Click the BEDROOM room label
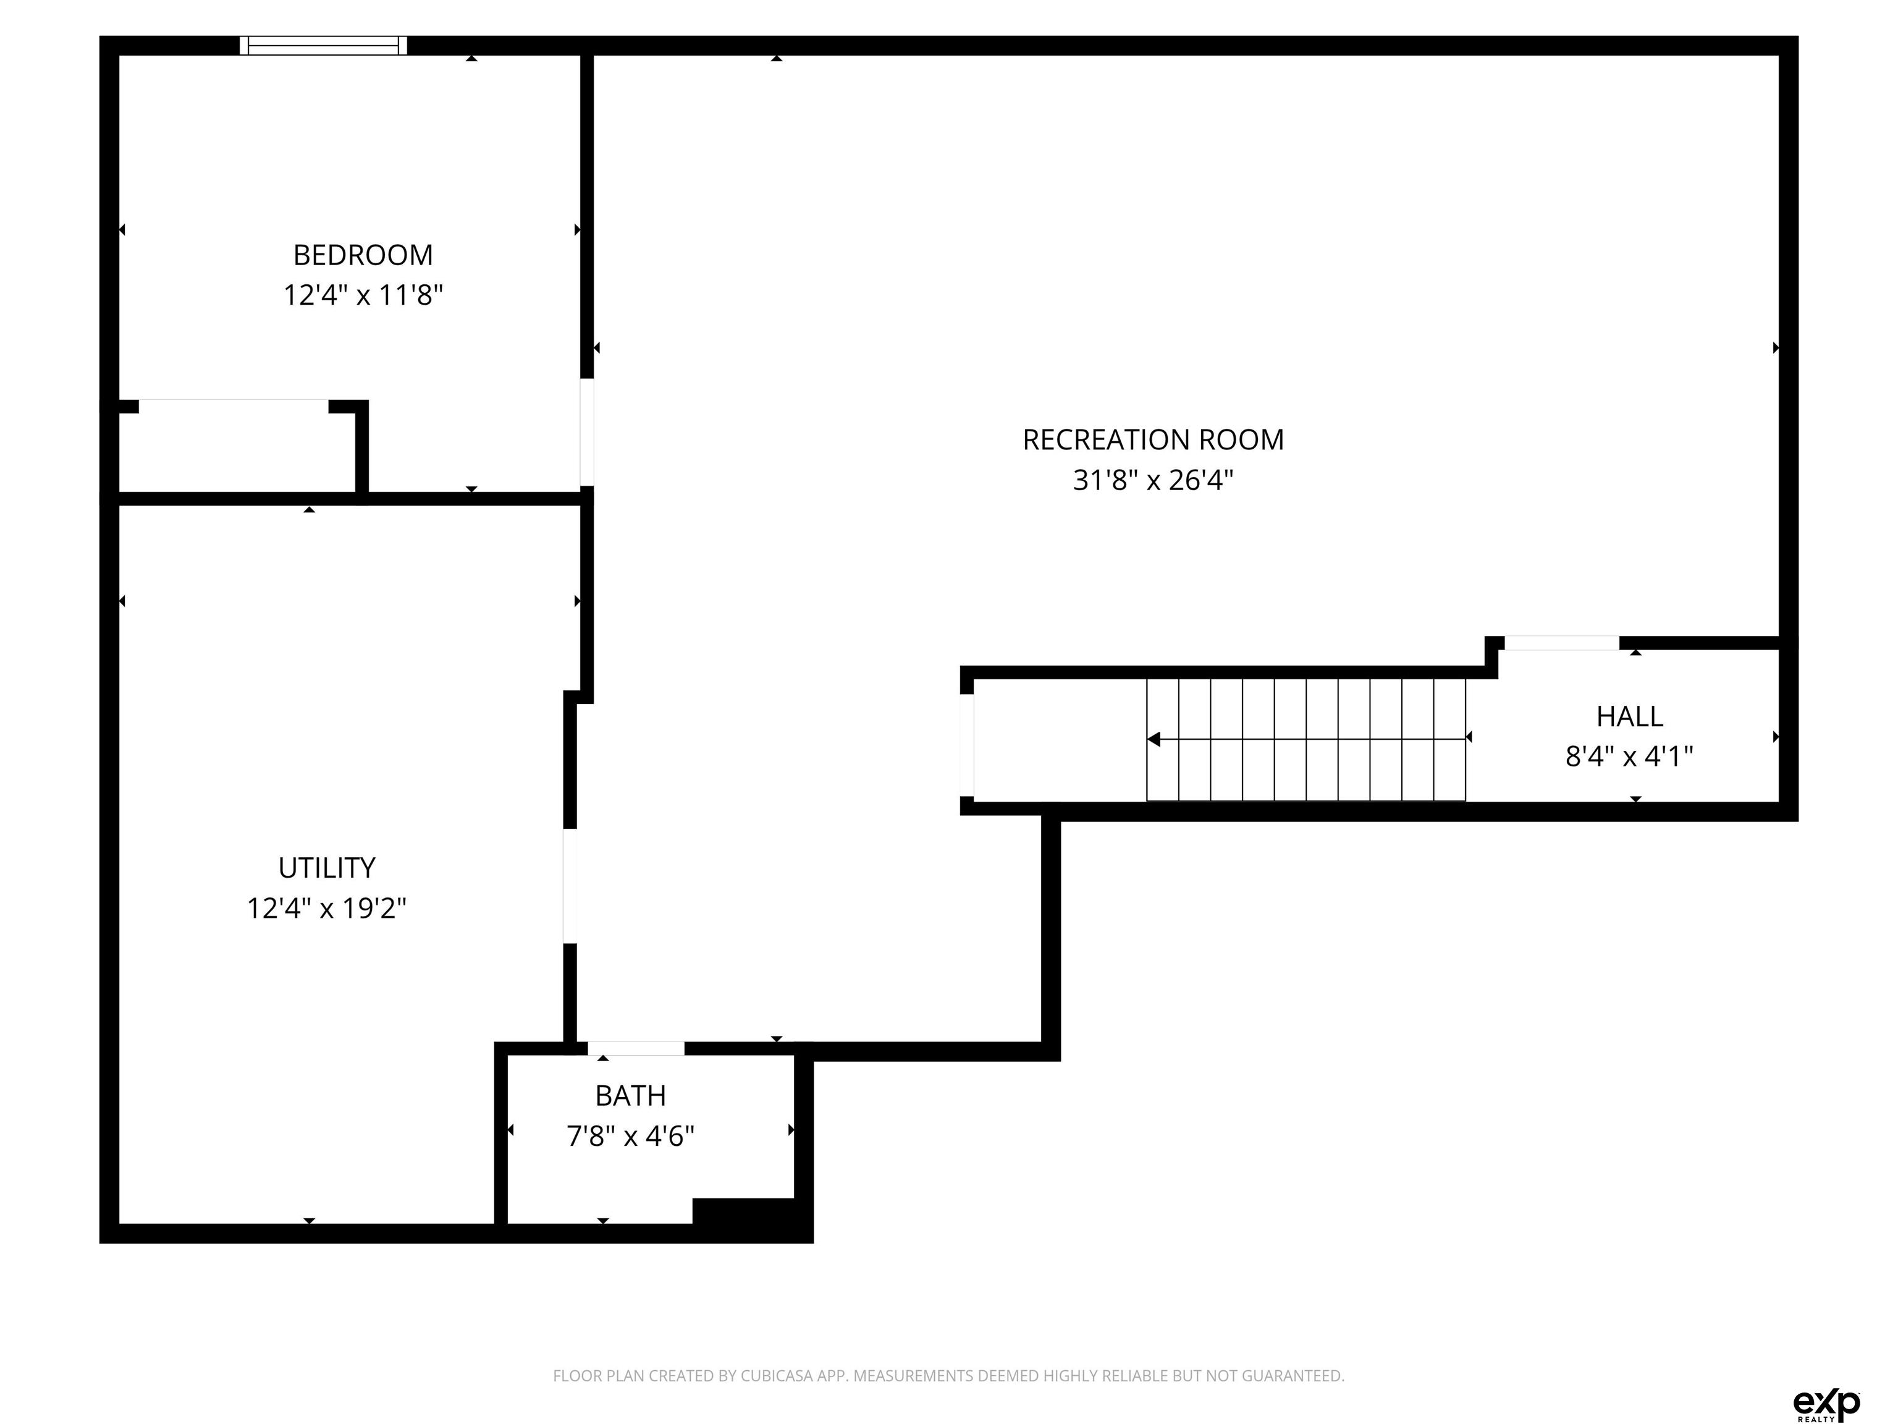[x=363, y=255]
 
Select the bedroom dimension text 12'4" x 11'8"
[x=363, y=295]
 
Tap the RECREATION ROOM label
[x=1154, y=439]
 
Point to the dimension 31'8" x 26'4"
[x=1154, y=480]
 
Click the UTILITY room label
[x=327, y=868]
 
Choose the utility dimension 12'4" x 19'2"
[x=327, y=908]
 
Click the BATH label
[x=631, y=1096]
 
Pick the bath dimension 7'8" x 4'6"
[x=631, y=1137]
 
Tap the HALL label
[x=1629, y=716]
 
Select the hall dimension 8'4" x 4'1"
[x=1629, y=756]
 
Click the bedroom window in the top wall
[x=324, y=46]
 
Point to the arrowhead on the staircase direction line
[x=1154, y=739]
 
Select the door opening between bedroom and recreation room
[x=587, y=433]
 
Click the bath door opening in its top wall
[x=636, y=1048]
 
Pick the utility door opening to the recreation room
[x=570, y=886]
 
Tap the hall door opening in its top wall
[x=1562, y=643]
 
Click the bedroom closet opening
[x=234, y=406]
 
